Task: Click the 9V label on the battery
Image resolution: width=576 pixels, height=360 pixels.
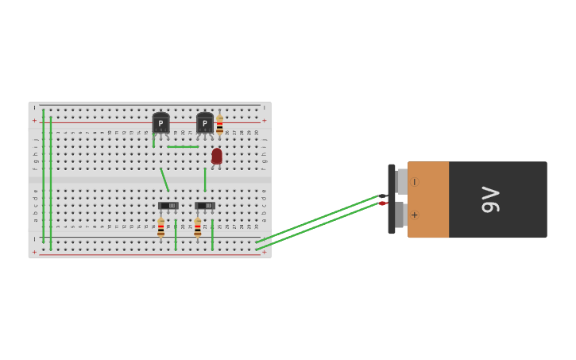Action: [x=490, y=199]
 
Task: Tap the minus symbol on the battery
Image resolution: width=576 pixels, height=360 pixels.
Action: [x=414, y=182]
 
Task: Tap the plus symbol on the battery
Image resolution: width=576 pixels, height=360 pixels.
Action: [x=414, y=215]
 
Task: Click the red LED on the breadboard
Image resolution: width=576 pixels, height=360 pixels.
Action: [x=217, y=156]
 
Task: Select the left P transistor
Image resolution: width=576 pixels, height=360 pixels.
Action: [x=160, y=123]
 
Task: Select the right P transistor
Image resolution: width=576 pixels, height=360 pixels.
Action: [x=205, y=123]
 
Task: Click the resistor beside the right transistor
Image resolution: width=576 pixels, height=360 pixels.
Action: [x=220, y=126]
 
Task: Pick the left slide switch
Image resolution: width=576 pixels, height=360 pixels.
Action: [x=168, y=206]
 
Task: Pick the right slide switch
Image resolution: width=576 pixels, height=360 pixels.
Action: [x=205, y=206]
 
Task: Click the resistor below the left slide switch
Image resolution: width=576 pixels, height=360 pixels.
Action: [x=160, y=228]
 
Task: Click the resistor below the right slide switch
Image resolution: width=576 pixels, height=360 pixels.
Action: [x=198, y=228]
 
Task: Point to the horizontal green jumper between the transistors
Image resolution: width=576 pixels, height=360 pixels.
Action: [x=183, y=146]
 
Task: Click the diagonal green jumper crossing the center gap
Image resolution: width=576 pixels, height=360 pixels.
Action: [x=164, y=180]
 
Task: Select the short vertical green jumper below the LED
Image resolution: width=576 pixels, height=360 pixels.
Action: [x=205, y=180]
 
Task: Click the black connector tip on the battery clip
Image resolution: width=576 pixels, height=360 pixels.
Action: [x=383, y=195]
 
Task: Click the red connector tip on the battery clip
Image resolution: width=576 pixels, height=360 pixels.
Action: [x=383, y=203]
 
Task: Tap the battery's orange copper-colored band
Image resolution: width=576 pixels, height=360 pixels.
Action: [x=428, y=199]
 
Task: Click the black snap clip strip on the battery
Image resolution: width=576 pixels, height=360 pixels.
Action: [x=392, y=199]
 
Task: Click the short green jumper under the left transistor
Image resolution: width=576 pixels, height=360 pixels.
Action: [x=153, y=140]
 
